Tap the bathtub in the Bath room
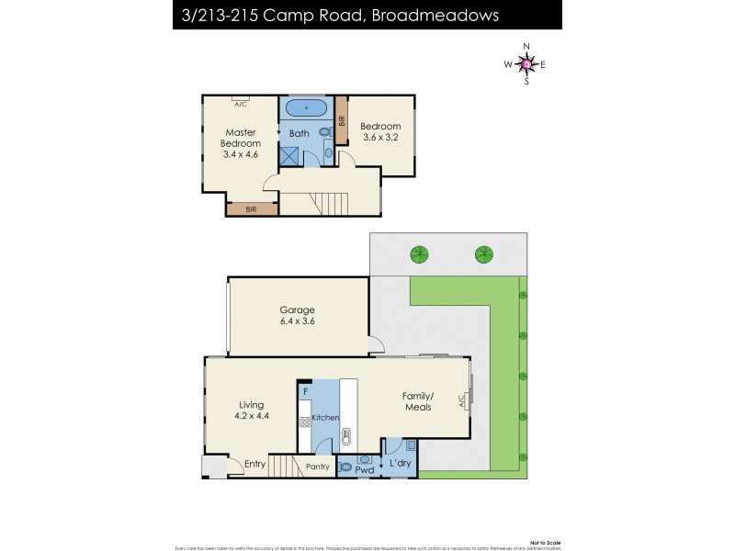point(306,108)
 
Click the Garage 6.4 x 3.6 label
point(298,316)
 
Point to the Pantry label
point(317,467)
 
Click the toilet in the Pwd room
point(346,467)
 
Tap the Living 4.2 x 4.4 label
point(251,410)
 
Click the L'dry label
point(400,465)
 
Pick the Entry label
point(255,465)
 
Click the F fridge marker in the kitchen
point(305,392)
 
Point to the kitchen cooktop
point(303,422)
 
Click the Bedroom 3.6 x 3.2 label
point(379,132)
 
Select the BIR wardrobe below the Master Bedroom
point(252,209)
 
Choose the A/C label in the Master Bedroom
point(241,103)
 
